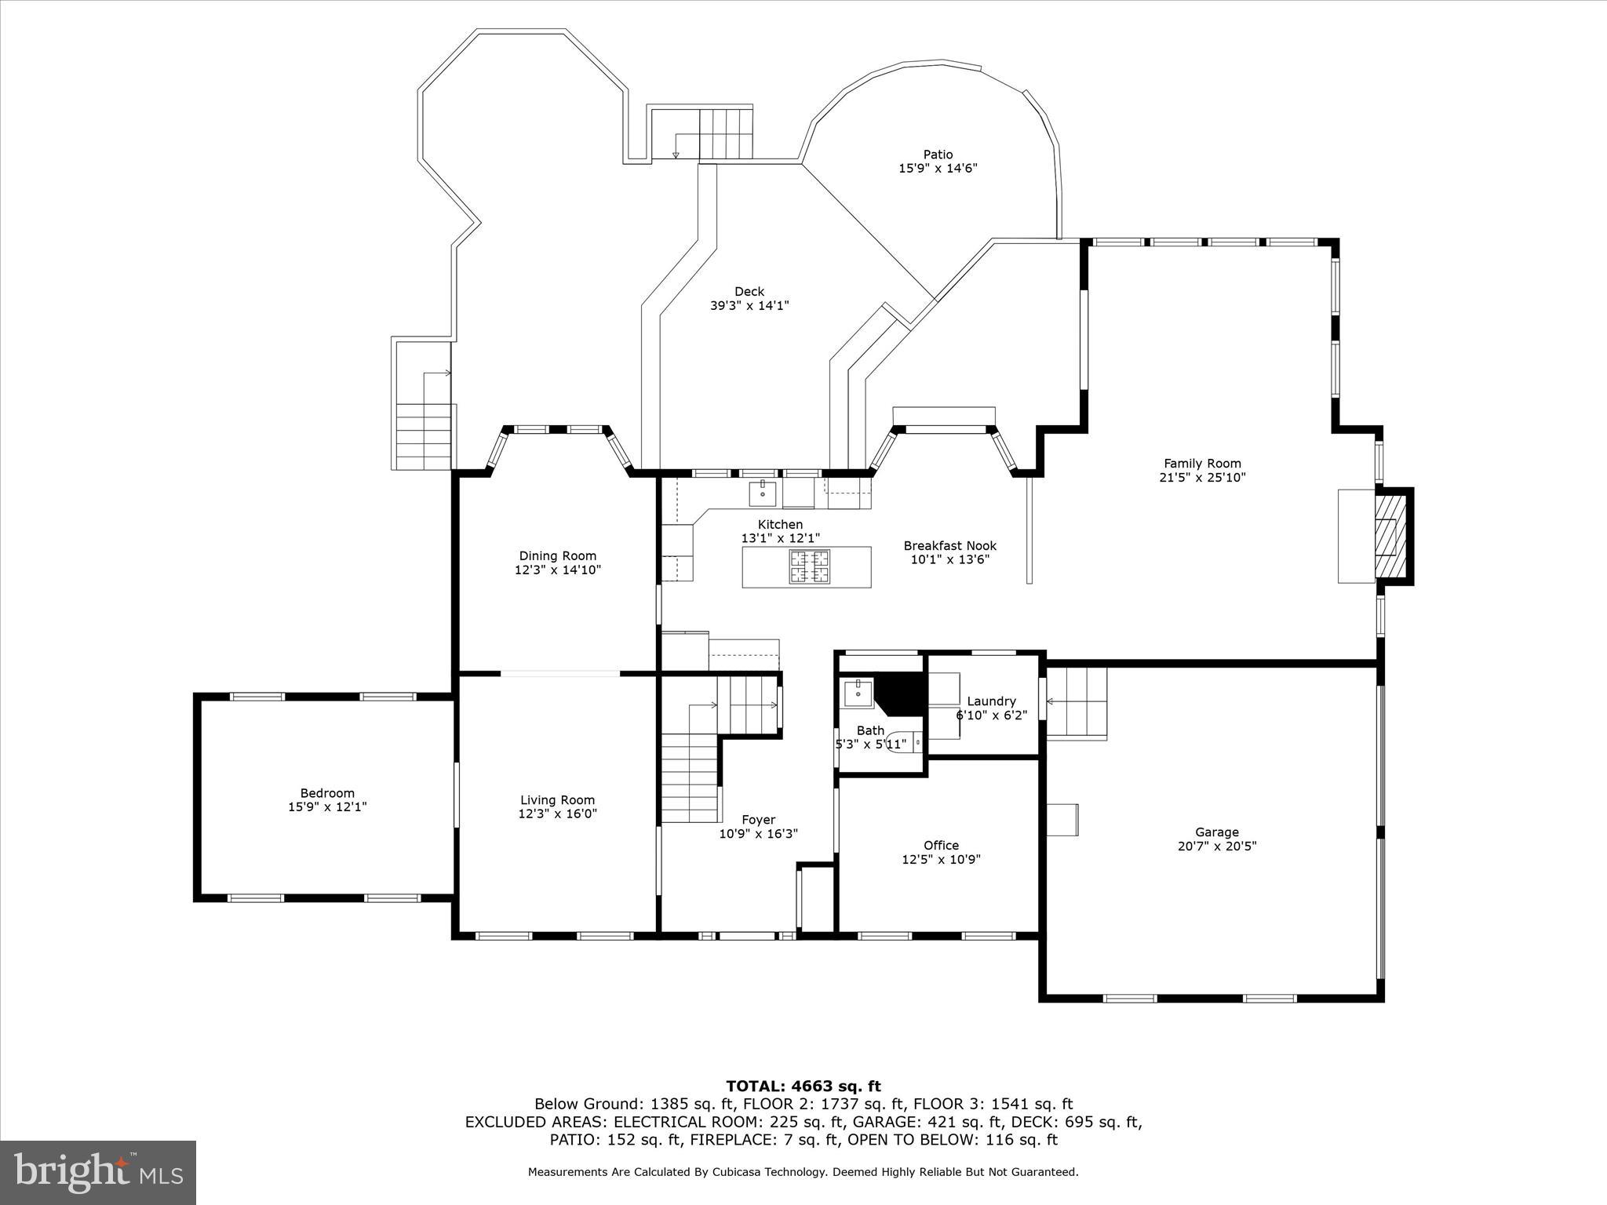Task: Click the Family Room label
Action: click(x=1201, y=463)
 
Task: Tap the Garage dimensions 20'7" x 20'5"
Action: click(x=1216, y=846)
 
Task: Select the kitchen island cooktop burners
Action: click(x=808, y=566)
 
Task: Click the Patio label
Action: click(x=937, y=155)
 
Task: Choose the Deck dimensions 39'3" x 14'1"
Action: click(x=749, y=306)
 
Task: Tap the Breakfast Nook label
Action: click(x=949, y=545)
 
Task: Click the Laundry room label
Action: click(x=991, y=701)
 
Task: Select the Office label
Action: click(x=941, y=845)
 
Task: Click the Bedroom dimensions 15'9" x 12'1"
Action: click(x=327, y=806)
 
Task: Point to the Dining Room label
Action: click(x=557, y=555)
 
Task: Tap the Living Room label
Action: click(x=557, y=800)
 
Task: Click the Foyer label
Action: click(x=758, y=820)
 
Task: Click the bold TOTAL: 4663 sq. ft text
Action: click(x=803, y=1086)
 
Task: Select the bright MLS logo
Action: click(x=98, y=1172)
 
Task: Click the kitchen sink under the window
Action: click(x=763, y=493)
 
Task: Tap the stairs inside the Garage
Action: click(x=1077, y=703)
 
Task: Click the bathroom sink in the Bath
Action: click(x=857, y=694)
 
